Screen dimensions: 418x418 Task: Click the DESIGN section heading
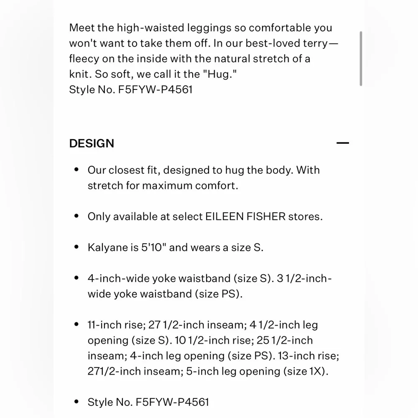(x=92, y=143)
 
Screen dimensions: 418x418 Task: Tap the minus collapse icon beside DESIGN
(x=342, y=143)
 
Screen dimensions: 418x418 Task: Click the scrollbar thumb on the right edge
(x=361, y=59)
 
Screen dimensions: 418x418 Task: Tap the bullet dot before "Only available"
(x=76, y=217)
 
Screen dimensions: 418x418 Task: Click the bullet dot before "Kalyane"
(x=76, y=247)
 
